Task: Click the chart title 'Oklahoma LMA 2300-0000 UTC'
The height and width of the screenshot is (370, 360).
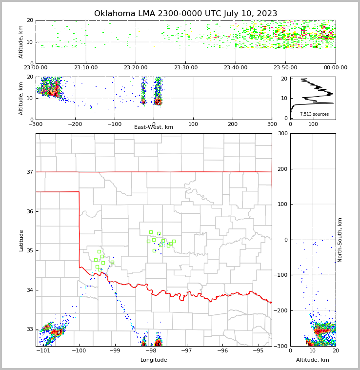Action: [185, 14]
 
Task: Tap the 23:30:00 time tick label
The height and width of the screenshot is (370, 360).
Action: [186, 68]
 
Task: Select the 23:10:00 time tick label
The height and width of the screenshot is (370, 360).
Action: [86, 68]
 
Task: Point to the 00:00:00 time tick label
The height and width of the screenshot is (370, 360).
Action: [335, 68]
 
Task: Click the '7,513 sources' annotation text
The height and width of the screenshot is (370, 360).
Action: [314, 114]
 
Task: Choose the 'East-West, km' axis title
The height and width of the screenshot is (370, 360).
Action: [154, 127]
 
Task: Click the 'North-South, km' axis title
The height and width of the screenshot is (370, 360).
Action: [340, 240]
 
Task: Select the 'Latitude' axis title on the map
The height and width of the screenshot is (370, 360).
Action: [21, 240]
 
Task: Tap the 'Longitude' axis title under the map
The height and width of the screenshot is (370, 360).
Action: [154, 360]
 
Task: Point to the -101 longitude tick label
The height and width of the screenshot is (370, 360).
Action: [44, 351]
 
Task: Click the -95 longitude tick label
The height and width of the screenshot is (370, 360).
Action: [258, 351]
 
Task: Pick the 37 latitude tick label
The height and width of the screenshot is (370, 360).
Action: [30, 172]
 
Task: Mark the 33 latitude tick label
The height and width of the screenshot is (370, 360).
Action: [30, 329]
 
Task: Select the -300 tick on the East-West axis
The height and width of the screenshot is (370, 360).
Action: [36, 124]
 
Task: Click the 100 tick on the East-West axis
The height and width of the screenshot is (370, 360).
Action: [193, 124]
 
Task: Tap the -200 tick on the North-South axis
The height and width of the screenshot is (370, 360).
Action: [281, 311]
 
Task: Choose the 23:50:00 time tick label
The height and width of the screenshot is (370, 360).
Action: [285, 68]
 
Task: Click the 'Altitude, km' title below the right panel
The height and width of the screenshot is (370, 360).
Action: [313, 360]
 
